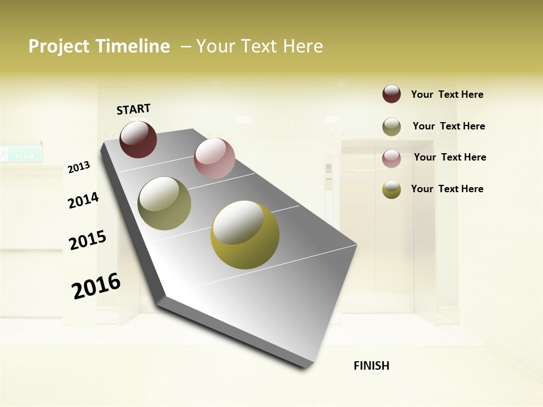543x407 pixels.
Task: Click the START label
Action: [133, 109]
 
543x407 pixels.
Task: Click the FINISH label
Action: [371, 366]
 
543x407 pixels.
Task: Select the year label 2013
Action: [79, 167]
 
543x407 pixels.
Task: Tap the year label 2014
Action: [83, 200]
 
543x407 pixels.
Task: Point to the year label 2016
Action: [96, 286]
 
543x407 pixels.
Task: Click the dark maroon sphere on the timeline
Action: [138, 139]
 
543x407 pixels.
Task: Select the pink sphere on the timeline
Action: [214, 158]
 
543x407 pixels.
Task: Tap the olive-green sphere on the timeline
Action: [164, 203]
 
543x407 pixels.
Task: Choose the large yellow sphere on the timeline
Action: [245, 235]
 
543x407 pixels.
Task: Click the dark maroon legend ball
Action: [391, 94]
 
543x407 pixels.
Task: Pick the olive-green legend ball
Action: [391, 127]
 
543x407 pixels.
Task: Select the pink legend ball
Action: [391, 158]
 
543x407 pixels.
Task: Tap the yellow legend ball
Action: [391, 189]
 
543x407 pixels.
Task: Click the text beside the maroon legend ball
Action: [447, 94]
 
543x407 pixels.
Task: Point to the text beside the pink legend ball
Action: [450, 157]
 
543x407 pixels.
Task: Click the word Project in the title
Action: [59, 46]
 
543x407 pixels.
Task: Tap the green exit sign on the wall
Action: [20, 153]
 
